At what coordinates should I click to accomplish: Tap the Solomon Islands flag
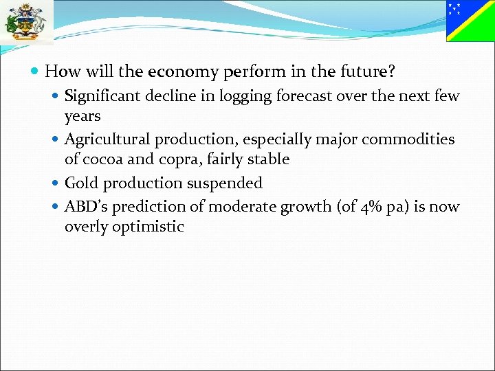point(470,21)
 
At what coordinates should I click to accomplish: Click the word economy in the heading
point(180,71)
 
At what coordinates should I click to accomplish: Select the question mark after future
point(391,71)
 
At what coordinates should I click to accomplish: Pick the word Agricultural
point(107,139)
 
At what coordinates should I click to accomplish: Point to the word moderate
point(239,206)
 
